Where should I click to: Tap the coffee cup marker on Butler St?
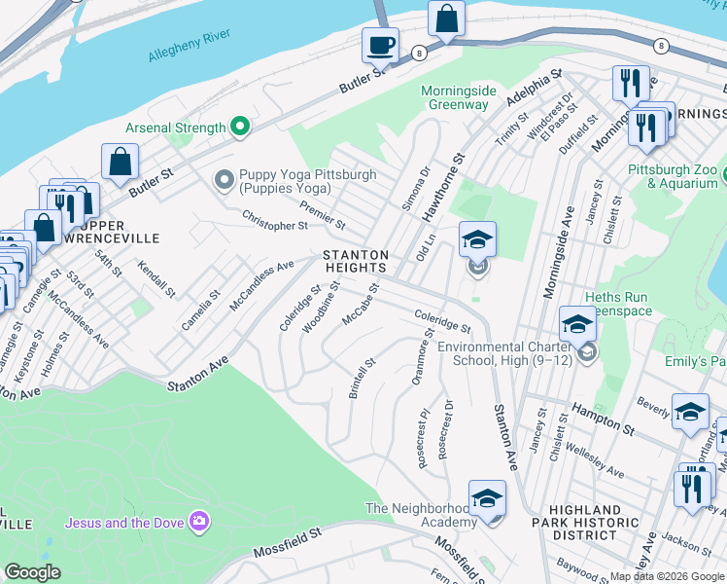pyautogui.click(x=380, y=45)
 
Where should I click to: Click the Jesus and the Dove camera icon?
pyautogui.click(x=200, y=522)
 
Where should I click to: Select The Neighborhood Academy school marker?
pyautogui.click(x=487, y=499)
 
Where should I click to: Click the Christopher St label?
pyautogui.click(x=275, y=220)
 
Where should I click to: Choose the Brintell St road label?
pyautogui.click(x=362, y=379)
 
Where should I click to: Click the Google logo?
pyautogui.click(x=32, y=572)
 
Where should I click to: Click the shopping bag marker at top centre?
pyautogui.click(x=446, y=18)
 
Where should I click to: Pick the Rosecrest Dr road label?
pyautogui.click(x=445, y=429)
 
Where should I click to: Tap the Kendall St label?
pyautogui.click(x=156, y=279)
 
